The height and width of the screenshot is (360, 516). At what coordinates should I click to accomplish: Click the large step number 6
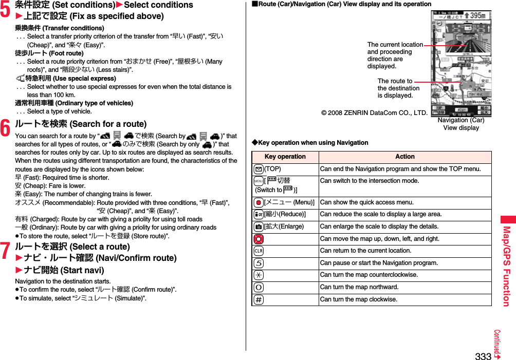[x=5, y=128]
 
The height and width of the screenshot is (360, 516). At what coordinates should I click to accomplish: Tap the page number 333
[x=483, y=355]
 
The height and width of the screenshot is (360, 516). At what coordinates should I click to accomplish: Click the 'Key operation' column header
[x=285, y=157]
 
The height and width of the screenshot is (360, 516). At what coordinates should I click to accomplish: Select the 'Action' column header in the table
[x=404, y=157]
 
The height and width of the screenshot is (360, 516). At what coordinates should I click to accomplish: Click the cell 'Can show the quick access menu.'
[x=366, y=202]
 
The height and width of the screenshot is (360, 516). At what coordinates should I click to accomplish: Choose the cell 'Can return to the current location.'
[x=365, y=251]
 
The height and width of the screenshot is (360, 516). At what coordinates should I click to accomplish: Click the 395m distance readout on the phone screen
[x=477, y=16]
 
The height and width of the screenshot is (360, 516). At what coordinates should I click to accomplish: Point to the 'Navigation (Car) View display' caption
[x=460, y=124]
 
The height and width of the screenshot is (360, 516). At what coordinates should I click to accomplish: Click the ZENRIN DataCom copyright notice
[x=374, y=113]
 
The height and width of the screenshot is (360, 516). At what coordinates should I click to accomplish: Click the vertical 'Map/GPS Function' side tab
[x=506, y=265]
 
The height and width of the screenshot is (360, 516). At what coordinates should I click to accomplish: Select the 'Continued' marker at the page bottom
[x=498, y=344]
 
